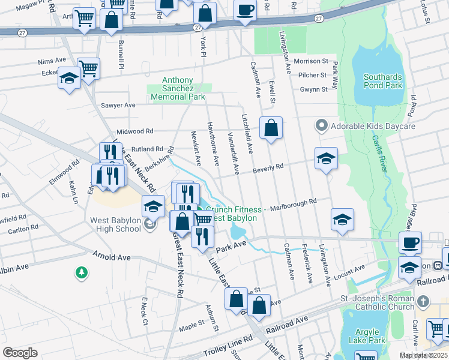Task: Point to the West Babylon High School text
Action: click(x=115, y=224)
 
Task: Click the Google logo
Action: click(x=20, y=352)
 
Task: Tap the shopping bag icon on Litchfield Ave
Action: click(x=271, y=128)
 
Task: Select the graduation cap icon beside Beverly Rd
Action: click(x=326, y=158)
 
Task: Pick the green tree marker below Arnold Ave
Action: click(x=81, y=274)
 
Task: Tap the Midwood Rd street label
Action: click(x=135, y=131)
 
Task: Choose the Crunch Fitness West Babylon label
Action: click(x=234, y=214)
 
